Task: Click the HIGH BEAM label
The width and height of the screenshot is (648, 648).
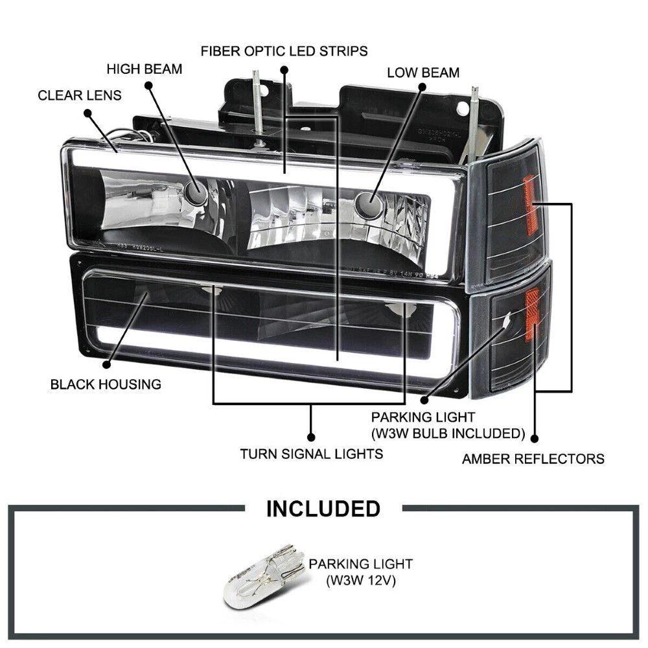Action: click(145, 68)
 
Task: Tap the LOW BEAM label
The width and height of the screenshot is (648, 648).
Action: click(423, 72)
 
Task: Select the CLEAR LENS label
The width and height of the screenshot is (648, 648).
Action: click(80, 95)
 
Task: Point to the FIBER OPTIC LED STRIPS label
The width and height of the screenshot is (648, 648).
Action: click(284, 50)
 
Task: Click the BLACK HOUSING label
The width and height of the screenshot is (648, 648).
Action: click(106, 384)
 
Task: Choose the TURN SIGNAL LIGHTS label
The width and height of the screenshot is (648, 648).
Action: click(311, 454)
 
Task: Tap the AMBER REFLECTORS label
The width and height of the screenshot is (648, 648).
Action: click(533, 459)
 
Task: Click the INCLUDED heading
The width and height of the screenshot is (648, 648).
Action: click(323, 508)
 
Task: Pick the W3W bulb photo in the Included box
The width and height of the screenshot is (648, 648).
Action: click(264, 577)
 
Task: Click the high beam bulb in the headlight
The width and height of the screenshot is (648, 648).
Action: click(192, 189)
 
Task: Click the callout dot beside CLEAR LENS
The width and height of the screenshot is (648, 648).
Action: click(89, 113)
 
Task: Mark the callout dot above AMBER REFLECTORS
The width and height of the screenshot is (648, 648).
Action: click(534, 437)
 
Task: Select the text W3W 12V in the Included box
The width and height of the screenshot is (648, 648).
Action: click(360, 580)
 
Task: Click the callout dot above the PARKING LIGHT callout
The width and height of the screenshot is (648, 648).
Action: click(424, 401)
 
